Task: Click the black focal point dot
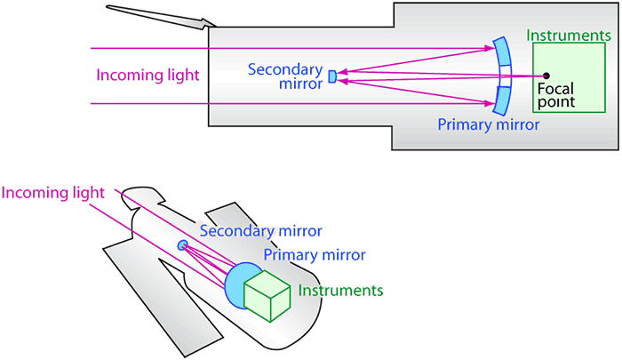coord(546,76)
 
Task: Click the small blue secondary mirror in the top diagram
coord(331,76)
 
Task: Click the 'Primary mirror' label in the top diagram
coord(489,124)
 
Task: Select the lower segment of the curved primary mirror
coord(504,98)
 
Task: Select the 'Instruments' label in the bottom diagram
coord(340,291)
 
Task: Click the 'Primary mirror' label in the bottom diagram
coord(314,255)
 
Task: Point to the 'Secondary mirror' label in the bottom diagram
coord(259,231)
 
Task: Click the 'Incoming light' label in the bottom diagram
coord(53,192)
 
